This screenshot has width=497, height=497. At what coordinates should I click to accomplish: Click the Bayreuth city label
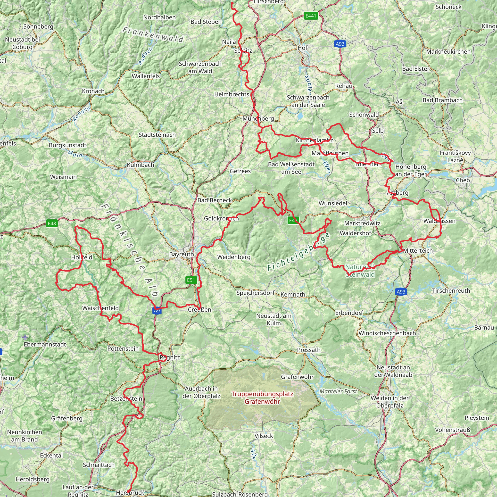tap(181, 254)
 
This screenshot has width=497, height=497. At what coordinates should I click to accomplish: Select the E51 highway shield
tap(191, 280)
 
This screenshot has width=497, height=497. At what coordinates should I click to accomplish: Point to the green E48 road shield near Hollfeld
tap(52, 223)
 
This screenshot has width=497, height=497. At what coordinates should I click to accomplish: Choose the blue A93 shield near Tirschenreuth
tap(401, 292)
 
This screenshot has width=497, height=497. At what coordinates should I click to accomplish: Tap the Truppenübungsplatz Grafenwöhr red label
tap(262, 398)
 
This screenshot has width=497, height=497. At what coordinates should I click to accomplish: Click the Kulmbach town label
tap(141, 165)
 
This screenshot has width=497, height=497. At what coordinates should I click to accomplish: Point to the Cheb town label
tap(463, 180)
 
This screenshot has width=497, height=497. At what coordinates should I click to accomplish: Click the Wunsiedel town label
tap(333, 203)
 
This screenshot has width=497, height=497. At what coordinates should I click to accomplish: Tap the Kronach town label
tap(93, 91)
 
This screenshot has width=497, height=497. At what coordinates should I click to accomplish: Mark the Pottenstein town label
tap(123, 348)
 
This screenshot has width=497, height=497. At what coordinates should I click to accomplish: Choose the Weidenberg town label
tap(234, 257)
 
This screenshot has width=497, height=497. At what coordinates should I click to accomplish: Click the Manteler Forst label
tap(338, 391)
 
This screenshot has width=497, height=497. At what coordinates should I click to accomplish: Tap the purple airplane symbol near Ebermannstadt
tap(25, 337)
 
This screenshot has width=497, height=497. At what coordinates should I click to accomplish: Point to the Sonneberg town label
tap(38, 26)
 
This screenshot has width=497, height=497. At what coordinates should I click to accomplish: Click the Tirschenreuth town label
tap(451, 290)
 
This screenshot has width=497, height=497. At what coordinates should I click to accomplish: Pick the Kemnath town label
tap(293, 294)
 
